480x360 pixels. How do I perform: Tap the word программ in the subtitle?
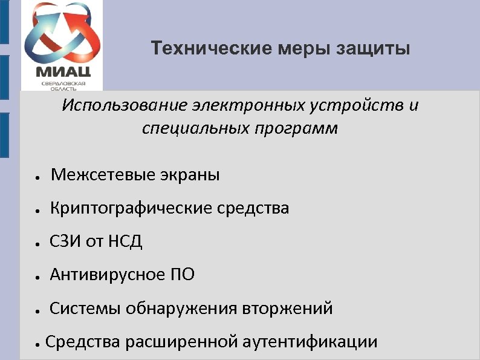click(x=302, y=129)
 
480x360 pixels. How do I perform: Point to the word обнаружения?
click(x=183, y=309)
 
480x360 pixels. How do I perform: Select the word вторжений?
click(x=288, y=309)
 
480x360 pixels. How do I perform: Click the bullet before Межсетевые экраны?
click(x=37, y=178)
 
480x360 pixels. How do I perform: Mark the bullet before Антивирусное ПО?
click(x=37, y=278)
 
